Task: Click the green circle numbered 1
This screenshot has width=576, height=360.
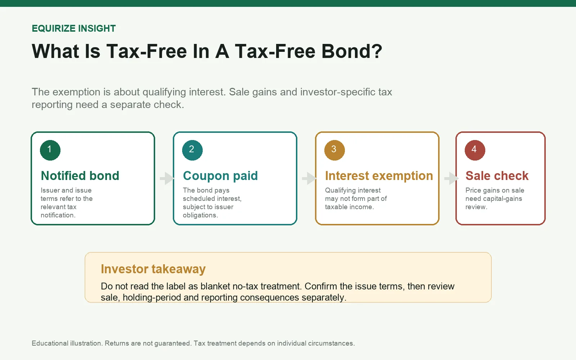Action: (50, 150)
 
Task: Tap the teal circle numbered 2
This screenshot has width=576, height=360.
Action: (192, 150)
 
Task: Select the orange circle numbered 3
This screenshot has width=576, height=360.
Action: (334, 150)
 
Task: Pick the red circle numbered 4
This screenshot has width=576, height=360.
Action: (475, 150)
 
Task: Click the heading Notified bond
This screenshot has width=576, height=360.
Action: (80, 176)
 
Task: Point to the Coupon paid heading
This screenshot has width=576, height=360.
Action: (220, 176)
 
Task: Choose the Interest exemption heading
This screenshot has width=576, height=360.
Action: (379, 176)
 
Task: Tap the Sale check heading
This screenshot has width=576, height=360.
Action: (497, 176)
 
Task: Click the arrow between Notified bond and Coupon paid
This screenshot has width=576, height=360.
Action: (167, 178)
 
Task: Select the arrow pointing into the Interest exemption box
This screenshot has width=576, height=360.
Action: (309, 178)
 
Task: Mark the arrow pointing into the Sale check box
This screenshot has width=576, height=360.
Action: (451, 178)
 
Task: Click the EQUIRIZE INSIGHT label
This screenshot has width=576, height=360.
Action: (74, 28)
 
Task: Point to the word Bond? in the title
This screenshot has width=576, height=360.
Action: (352, 51)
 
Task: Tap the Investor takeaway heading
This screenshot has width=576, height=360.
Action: (153, 269)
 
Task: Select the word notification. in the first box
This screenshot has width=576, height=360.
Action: (58, 215)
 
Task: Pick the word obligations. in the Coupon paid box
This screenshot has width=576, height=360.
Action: (201, 215)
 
